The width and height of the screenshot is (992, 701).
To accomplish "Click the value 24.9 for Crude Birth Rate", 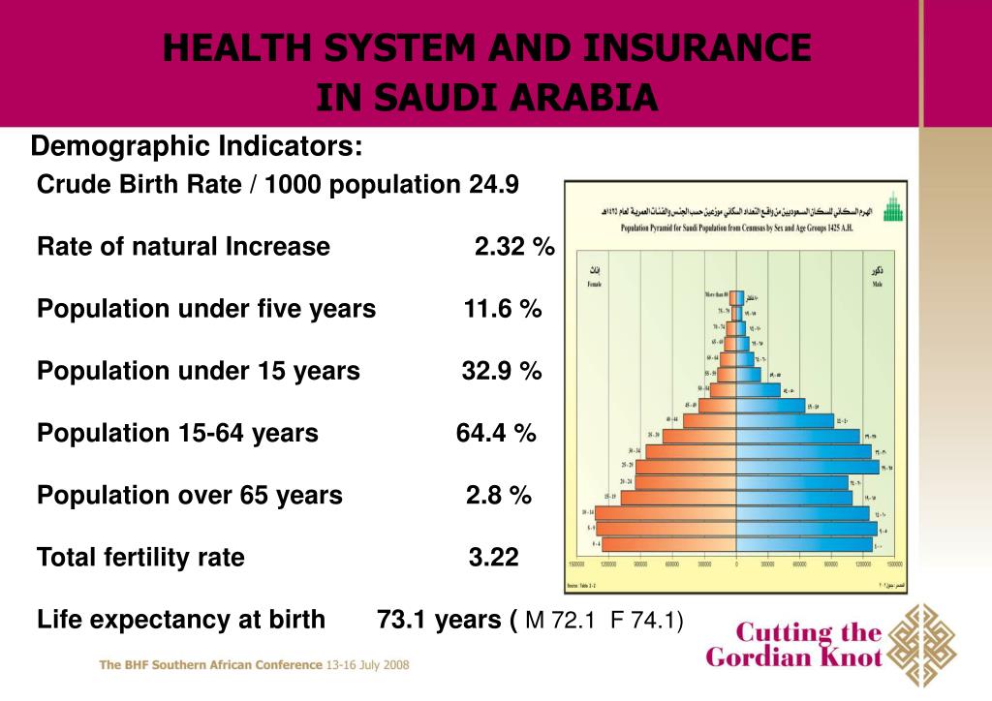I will (x=494, y=184).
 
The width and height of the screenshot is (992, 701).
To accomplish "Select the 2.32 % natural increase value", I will (x=514, y=247).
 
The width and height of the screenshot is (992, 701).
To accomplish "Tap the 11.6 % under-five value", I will (x=503, y=309).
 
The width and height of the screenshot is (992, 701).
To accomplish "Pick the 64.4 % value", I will (x=496, y=433).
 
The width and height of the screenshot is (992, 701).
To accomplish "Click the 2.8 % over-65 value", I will (x=499, y=495).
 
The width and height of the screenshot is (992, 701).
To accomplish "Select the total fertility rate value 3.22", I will (x=494, y=557).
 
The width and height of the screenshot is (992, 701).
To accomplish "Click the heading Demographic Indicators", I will (x=198, y=147).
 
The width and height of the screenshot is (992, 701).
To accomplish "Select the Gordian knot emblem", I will (x=921, y=646).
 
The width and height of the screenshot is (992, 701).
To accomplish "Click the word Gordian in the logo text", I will (x=757, y=658).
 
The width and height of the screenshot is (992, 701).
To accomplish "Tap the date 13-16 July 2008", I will (x=367, y=665).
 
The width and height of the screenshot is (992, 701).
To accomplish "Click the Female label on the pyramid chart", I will (x=595, y=285).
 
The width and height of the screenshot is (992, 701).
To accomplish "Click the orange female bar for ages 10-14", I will (x=666, y=512).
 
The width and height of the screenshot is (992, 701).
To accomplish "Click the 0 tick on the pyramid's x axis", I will (x=736, y=563).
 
